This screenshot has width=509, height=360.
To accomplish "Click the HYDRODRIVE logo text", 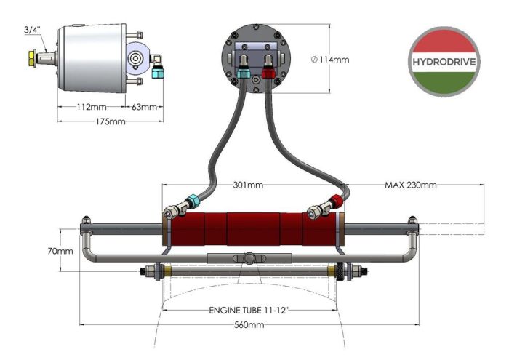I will pyautogui.click(x=444, y=61).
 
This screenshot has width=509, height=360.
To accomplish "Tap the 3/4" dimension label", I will pyautogui.click(x=33, y=29).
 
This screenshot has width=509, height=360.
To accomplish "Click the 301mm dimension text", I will pyautogui.click(x=248, y=185).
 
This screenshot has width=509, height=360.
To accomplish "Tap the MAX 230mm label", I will pyautogui.click(x=410, y=185).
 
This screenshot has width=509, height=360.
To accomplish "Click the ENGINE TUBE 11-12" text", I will pyautogui.click(x=248, y=311).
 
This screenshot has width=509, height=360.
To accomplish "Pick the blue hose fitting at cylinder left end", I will pyautogui.click(x=192, y=201).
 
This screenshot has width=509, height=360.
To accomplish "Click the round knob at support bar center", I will pyautogui.click(x=248, y=258).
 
